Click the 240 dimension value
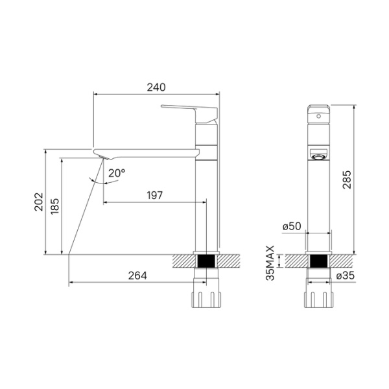click(x=156, y=87)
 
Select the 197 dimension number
click(x=154, y=194)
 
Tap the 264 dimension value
click(x=137, y=276)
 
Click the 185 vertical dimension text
click(x=55, y=206)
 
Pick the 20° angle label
click(x=117, y=173)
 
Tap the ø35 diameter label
click(x=344, y=276)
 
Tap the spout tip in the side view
click(x=102, y=153)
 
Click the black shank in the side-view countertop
click(x=206, y=262)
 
